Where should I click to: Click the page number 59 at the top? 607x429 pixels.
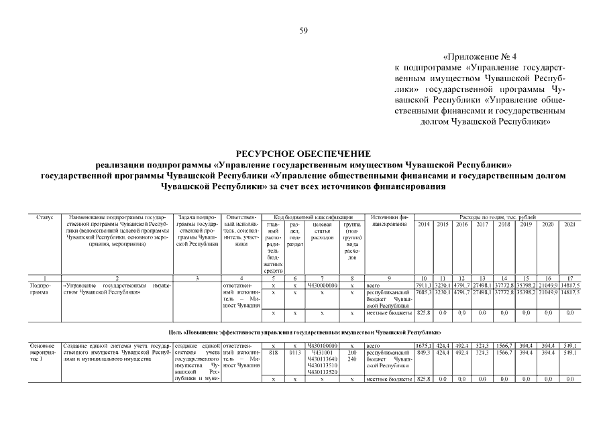tap(303, 30)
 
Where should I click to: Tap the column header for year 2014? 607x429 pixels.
tap(424, 224)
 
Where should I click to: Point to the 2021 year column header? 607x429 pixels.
tap(568, 224)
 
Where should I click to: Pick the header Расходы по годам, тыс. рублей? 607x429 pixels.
tap(496, 217)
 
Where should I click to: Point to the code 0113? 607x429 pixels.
tap(294, 353)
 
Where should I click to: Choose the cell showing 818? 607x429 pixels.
tap(273, 353)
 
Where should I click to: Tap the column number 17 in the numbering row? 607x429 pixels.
tap(568, 278)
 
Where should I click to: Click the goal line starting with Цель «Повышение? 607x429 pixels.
tap(303, 332)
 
